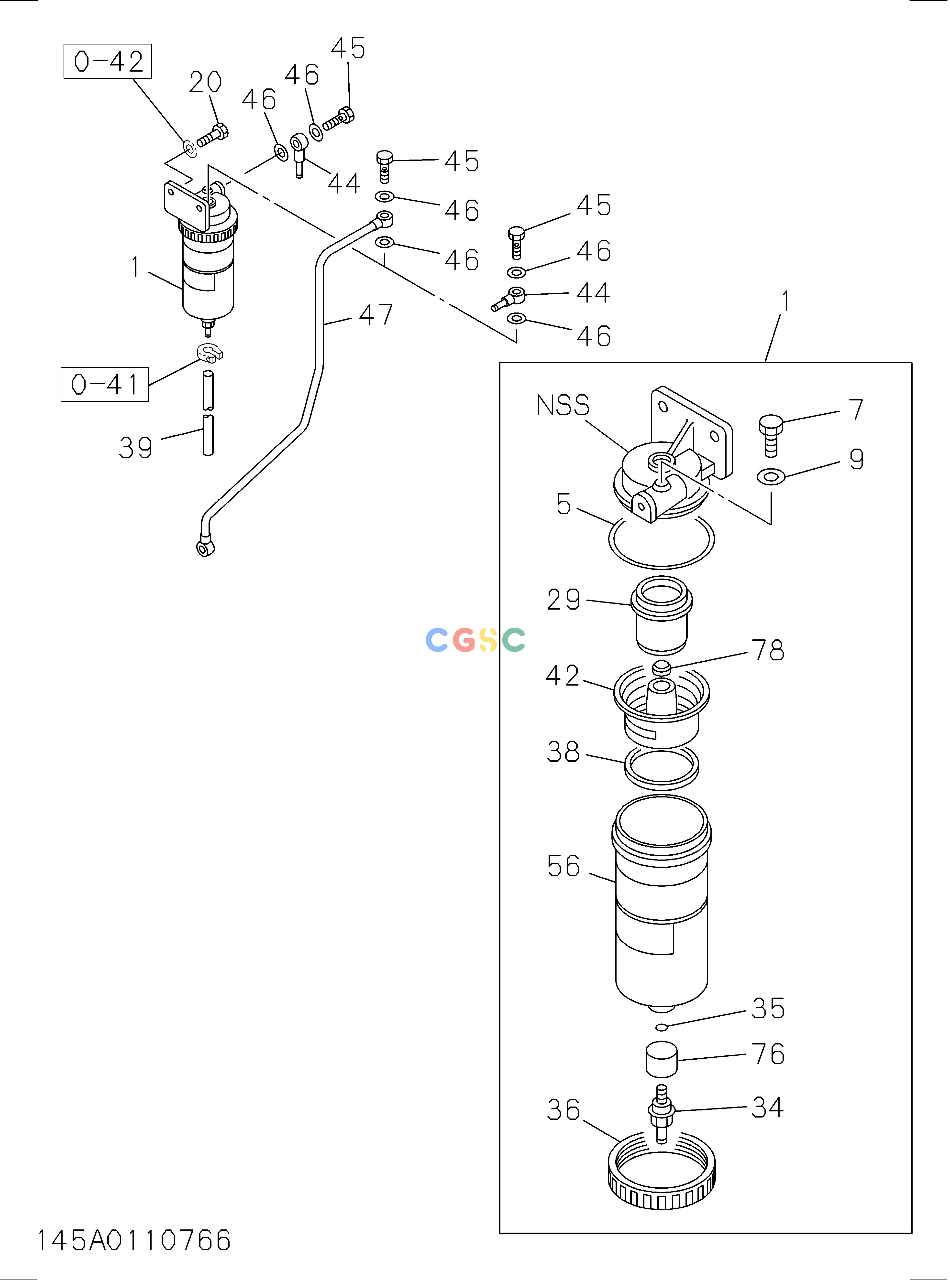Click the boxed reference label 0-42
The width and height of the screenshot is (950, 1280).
108,61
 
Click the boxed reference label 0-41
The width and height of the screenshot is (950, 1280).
105,384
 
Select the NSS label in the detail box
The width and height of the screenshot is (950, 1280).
563,405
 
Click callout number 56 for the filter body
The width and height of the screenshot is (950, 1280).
563,866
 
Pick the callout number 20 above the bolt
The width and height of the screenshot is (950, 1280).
205,82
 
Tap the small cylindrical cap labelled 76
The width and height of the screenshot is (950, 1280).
661,1059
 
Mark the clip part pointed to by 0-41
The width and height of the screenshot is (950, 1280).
209,352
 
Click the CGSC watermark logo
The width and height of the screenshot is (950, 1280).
475,640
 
